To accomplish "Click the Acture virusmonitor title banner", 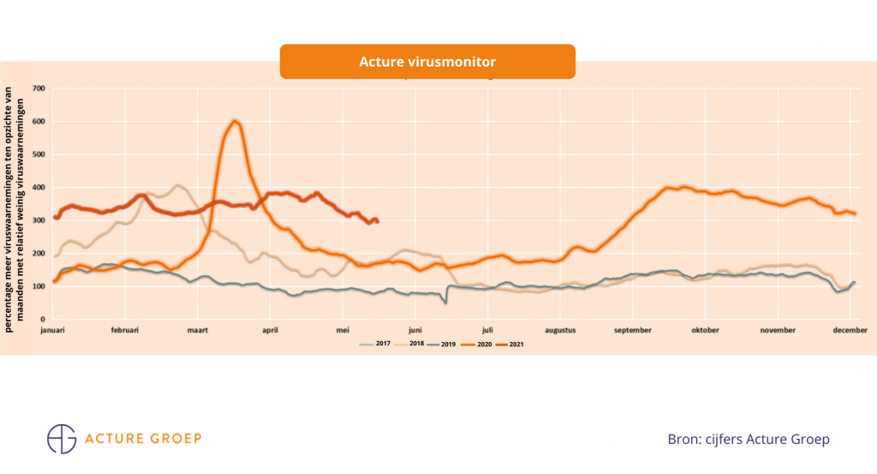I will click(427, 62).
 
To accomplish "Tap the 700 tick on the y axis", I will click(38, 88).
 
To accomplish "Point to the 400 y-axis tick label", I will click(38, 188).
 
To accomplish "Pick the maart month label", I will click(198, 329).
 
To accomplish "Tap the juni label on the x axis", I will click(415, 329).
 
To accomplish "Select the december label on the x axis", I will click(849, 329).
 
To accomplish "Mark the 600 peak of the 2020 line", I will click(235, 122).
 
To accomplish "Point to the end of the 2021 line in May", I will click(377, 221).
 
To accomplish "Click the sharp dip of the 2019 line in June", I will click(445, 302).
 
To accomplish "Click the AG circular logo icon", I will click(62, 438).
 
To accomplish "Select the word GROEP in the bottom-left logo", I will click(174, 439).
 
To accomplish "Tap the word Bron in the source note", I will click(684, 439).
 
